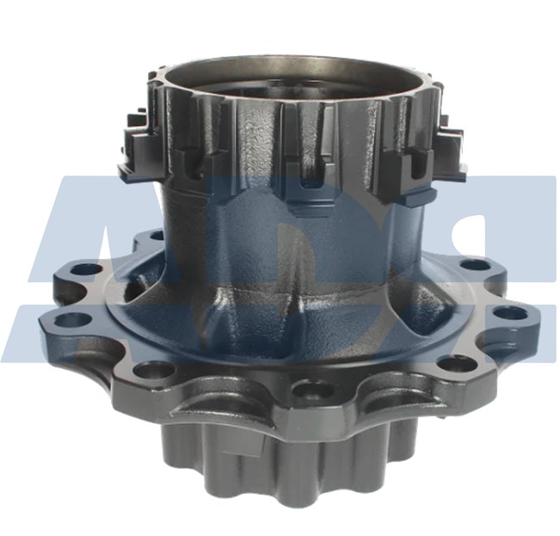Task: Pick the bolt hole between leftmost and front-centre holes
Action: click(156, 370)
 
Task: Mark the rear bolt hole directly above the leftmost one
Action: click(85, 269)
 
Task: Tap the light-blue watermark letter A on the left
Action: click(82, 250)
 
